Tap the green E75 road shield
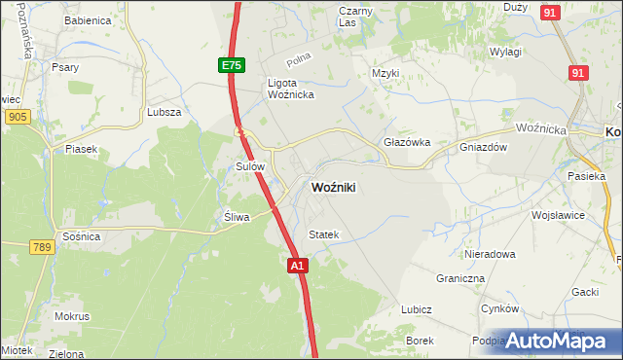(231, 65)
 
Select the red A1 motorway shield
(298, 265)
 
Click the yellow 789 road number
(40, 247)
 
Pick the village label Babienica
(87, 20)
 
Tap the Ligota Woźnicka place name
(289, 89)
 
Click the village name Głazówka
(407, 142)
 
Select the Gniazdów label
(484, 148)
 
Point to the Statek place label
(323, 234)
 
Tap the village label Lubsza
(165, 112)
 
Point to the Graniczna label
(460, 277)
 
